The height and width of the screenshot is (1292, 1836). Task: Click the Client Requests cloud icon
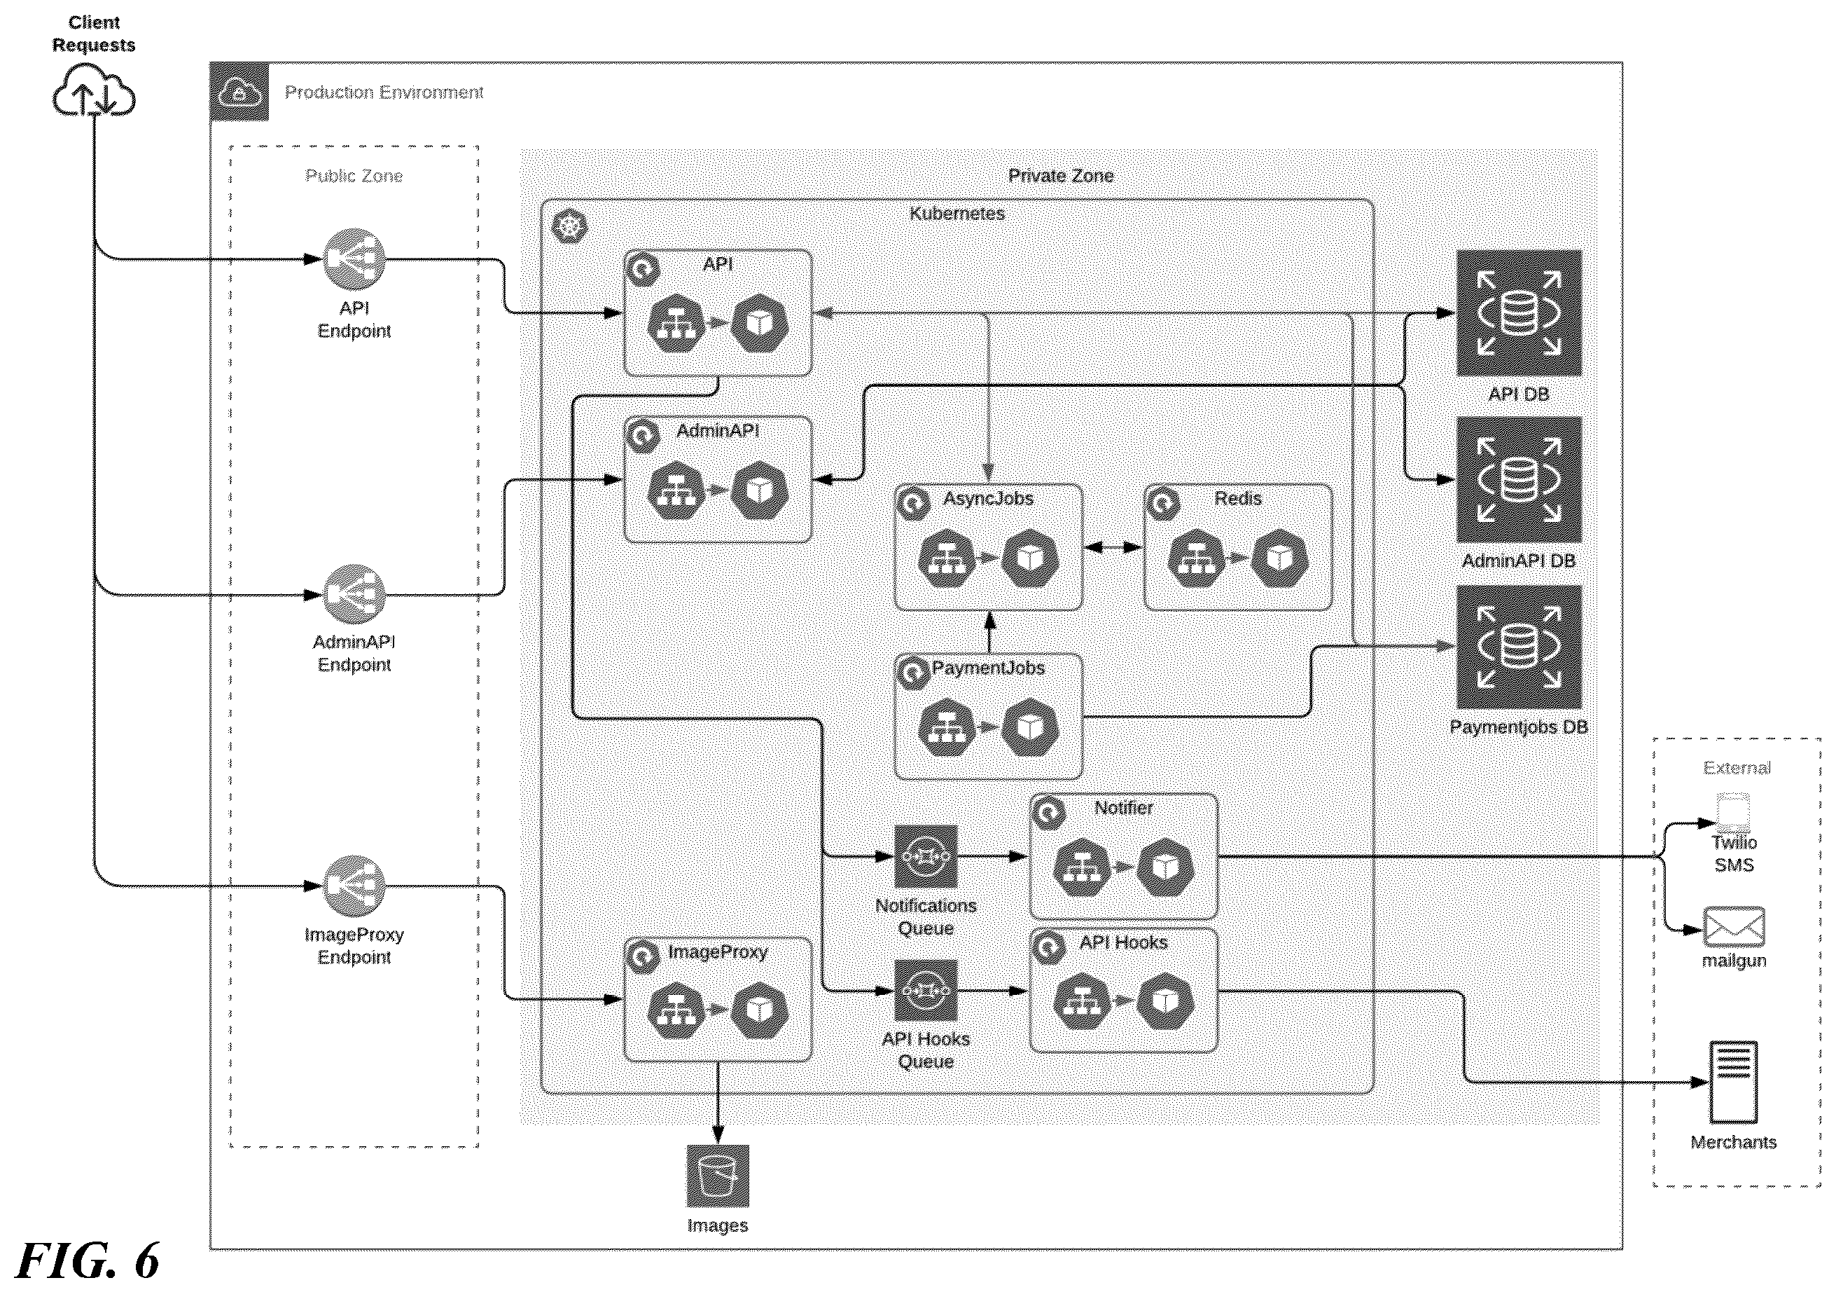coord(94,90)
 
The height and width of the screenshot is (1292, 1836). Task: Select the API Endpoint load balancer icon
coord(354,259)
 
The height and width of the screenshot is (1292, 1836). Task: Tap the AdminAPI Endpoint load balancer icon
coord(354,595)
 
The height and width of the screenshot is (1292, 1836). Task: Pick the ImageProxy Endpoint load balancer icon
coord(354,886)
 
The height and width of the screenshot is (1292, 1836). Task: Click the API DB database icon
coord(1519,312)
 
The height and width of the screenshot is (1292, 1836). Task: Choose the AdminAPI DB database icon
coord(1519,479)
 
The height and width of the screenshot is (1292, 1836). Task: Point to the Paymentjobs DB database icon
coord(1519,647)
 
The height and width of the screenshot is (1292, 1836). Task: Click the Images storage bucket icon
coord(717,1176)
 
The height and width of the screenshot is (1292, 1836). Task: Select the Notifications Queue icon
coord(925,857)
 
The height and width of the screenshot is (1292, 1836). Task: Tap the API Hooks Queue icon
coord(925,991)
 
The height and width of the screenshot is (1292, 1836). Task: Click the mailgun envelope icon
coord(1734,927)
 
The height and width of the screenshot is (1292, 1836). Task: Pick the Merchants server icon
coord(1733,1083)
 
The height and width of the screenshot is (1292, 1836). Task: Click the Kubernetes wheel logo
coord(569,227)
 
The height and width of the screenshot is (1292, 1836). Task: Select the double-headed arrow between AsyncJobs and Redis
coord(1113,547)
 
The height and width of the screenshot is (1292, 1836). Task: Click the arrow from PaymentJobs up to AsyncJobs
coord(989,632)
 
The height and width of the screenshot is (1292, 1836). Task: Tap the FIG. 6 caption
coord(88,1262)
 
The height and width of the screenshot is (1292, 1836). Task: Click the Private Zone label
coord(1060,176)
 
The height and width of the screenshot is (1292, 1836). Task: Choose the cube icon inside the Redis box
coord(1279,558)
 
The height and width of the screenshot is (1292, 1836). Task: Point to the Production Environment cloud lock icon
coord(239,92)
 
